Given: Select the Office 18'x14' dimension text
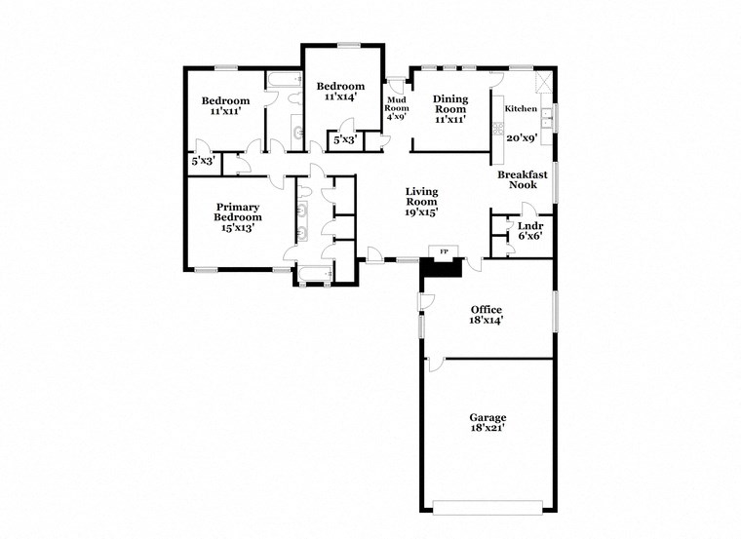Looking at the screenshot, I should (x=486, y=320).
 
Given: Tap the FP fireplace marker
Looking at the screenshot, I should (x=445, y=252).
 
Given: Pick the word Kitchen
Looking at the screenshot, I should (x=521, y=108).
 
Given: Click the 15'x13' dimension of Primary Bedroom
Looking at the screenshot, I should (x=238, y=228).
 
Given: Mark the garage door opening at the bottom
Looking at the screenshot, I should (x=487, y=508).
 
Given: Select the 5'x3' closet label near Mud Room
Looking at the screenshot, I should (x=345, y=140).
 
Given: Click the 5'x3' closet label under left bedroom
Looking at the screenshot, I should (x=203, y=160).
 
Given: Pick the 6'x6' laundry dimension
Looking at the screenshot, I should (x=529, y=236).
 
